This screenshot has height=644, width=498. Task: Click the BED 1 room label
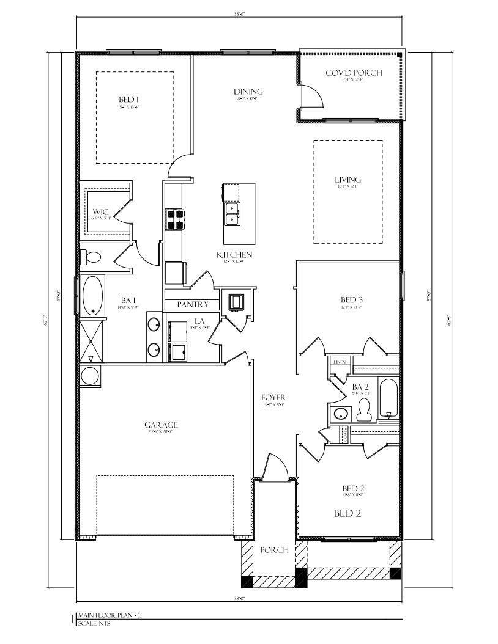coord(128,100)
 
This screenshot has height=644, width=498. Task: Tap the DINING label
coord(248,92)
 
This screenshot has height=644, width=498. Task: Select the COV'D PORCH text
coord(353,73)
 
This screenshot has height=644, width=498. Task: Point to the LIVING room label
coord(347,180)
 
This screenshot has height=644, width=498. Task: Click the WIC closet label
coord(101,212)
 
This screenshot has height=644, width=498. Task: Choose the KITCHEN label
coord(234,254)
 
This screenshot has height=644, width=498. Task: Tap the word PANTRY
coord(193,304)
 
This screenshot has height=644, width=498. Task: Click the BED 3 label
coord(352,299)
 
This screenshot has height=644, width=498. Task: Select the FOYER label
coord(273,398)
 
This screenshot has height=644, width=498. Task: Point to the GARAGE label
coord(161,425)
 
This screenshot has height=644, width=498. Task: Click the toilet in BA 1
coord(92,257)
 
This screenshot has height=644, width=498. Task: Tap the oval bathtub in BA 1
coord(92,296)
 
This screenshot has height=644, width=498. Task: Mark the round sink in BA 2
coord(340,414)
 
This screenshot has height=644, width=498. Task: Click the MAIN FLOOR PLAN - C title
coord(112,617)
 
